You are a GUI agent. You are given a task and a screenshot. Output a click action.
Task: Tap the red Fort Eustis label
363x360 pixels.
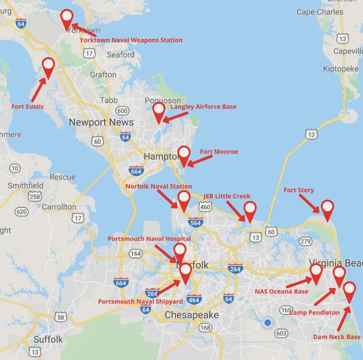pyautogui.click(x=28, y=107)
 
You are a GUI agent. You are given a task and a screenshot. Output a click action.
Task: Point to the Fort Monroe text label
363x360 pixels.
pyautogui.click(x=219, y=151)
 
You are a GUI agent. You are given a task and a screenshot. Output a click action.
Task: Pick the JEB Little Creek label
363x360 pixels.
pyautogui.click(x=227, y=196)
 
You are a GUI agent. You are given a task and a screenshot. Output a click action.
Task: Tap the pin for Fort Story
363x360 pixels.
pyautogui.click(x=327, y=209)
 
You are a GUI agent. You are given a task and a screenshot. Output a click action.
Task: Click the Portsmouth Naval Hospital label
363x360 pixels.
pyautogui.click(x=149, y=239)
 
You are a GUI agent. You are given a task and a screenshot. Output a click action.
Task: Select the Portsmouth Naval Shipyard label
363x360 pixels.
pyautogui.click(x=140, y=301)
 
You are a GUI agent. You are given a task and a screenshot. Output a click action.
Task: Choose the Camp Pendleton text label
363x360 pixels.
pyautogui.click(x=315, y=312)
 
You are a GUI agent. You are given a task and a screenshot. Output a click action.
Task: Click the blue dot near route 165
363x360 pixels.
pyautogui.click(x=268, y=323)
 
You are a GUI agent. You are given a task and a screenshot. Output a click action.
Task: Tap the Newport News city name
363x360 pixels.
pyautogui.click(x=101, y=123)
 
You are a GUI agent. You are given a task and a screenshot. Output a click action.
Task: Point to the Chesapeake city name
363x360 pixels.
pyautogui.click(x=192, y=315)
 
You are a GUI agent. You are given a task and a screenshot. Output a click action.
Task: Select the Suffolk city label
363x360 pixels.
pyautogui.click(x=48, y=339)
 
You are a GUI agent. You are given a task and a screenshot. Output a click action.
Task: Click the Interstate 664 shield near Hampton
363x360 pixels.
pyautogui.click(x=137, y=170)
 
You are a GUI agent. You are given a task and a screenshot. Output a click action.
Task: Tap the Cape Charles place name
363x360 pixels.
pyautogui.click(x=320, y=12)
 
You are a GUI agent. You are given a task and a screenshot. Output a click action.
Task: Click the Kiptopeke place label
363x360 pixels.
pyautogui.click(x=340, y=69)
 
